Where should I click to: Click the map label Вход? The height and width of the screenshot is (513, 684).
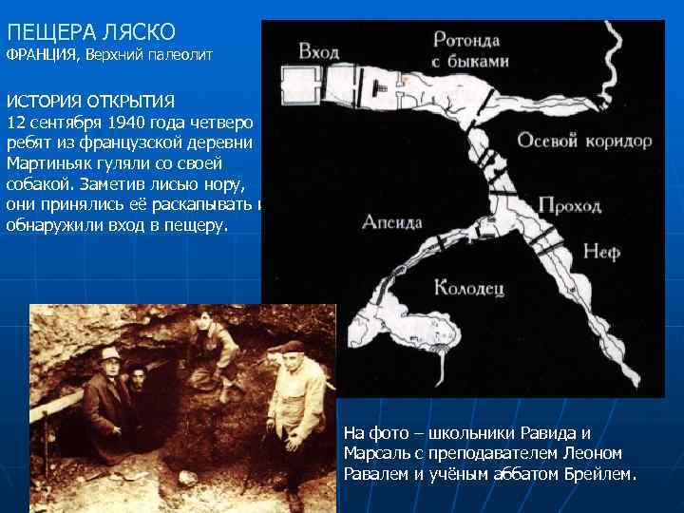pos(318,51)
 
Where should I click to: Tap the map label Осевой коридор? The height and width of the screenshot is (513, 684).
pos(584,141)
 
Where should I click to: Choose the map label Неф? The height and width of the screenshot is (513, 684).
pos(601,252)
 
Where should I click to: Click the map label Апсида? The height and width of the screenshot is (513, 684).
pos(392,222)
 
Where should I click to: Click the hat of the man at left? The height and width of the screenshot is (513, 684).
pos(110,353)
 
